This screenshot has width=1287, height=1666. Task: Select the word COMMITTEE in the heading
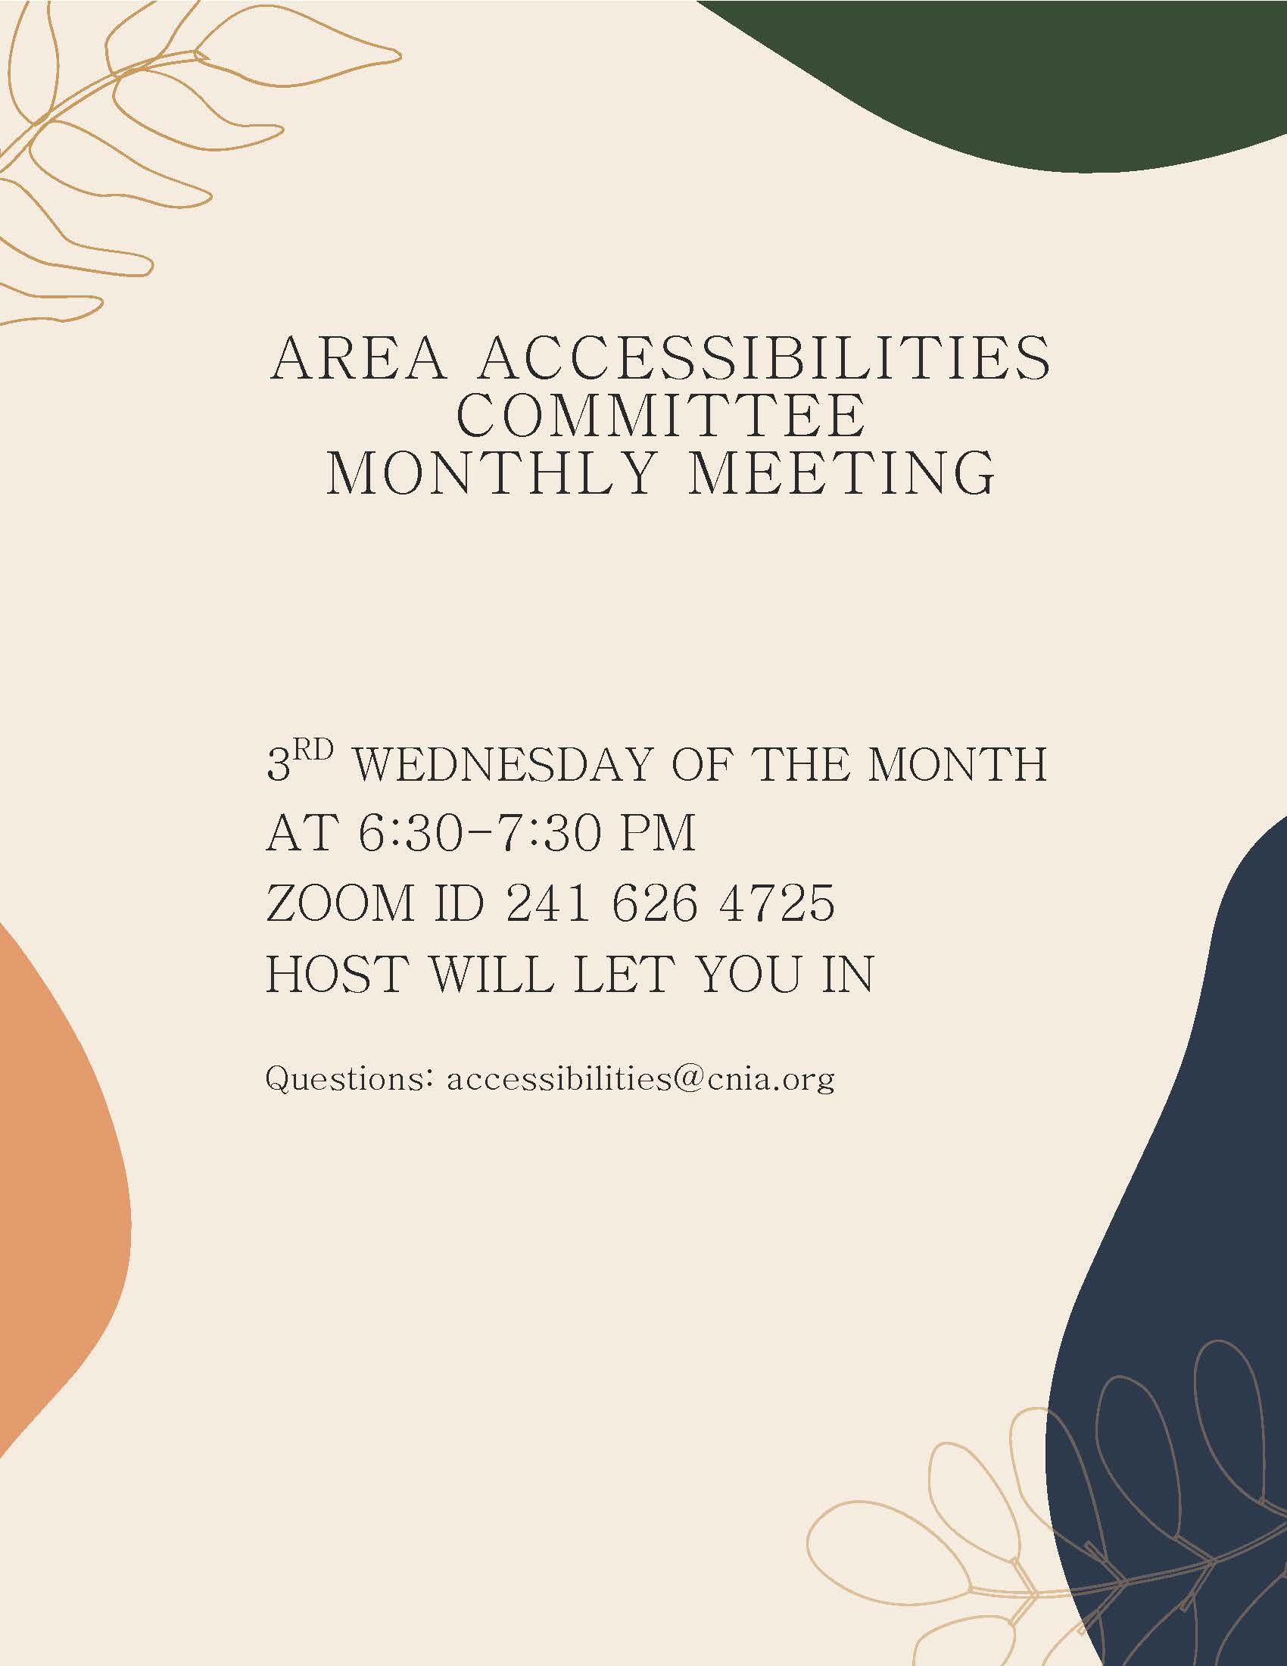click(661, 415)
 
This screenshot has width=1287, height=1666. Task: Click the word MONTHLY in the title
click(491, 473)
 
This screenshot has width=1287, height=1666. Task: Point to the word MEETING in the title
click(843, 473)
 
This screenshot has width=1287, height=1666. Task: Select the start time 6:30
click(410, 833)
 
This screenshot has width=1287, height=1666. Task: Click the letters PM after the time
click(659, 833)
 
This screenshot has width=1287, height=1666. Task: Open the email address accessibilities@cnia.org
click(640, 1081)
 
